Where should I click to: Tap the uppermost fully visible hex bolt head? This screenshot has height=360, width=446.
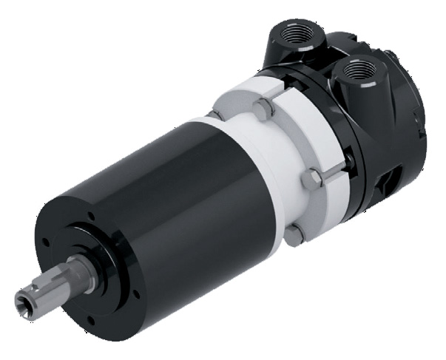pos(263,112)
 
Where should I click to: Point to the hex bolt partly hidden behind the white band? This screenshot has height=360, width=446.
pos(214,114)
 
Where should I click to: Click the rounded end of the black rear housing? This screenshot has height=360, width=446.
pos(414,126)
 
